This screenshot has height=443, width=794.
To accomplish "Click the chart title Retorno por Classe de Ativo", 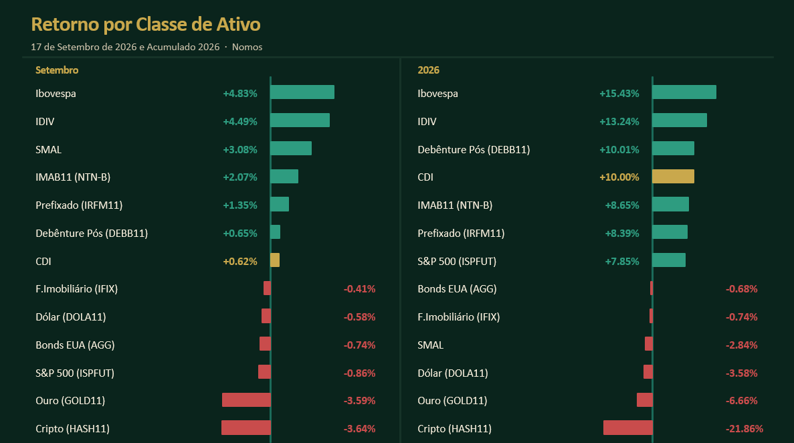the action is point(146,24).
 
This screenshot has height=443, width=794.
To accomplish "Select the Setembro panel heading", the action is point(57,70).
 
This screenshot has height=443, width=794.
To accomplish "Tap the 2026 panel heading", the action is point(428,70).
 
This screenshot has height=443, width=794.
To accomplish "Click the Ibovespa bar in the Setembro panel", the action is point(302,92).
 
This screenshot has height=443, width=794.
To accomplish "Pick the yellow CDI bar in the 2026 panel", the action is point(673,177).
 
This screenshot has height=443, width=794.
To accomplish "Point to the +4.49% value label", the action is point(240,122).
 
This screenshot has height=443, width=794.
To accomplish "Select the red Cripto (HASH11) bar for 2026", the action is point(628,428).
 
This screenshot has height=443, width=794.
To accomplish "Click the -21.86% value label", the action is point(745,429).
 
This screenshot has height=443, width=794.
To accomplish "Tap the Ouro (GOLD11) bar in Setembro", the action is point(247,400).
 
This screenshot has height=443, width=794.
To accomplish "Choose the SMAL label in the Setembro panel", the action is point(49,149).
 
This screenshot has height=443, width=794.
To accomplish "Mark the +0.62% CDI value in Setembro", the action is point(240,262).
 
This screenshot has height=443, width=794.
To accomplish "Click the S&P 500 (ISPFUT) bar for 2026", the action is point(669,260).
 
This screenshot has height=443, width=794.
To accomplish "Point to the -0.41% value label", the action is point(359,289).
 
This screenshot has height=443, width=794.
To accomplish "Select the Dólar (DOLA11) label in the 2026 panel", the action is point(453,373).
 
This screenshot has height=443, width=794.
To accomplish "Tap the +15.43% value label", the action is point(619,93).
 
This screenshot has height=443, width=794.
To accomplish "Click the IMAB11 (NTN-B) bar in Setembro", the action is point(284,177).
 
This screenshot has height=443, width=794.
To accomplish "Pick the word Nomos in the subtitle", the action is point(247,47).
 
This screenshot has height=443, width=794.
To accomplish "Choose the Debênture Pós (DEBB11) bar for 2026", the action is point(673,148).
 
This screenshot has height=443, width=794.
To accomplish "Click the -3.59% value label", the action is point(359,400).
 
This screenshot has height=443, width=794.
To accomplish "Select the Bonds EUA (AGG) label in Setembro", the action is point(75,345).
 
